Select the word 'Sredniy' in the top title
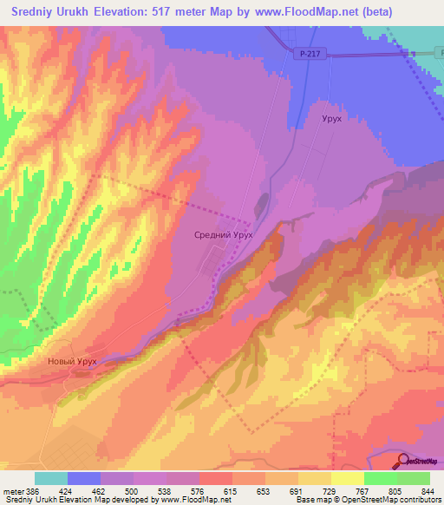tap(34, 12)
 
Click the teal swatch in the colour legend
tap(51, 477)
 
